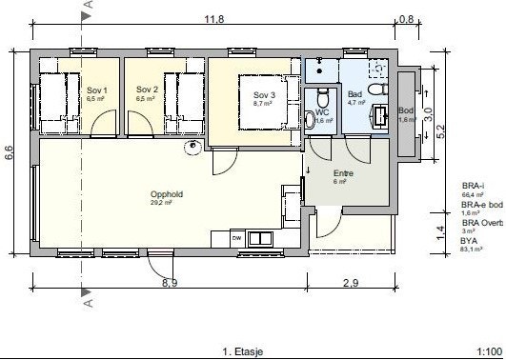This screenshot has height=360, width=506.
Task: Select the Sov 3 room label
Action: pyautogui.click(x=264, y=95)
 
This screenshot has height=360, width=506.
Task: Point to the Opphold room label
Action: pyautogui.click(x=166, y=193)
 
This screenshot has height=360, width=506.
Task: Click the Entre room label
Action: pyautogui.click(x=342, y=173)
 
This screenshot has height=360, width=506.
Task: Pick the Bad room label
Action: pyautogui.click(x=355, y=95)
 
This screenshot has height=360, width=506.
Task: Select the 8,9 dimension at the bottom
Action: pyautogui.click(x=170, y=283)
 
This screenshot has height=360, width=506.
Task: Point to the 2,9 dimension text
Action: pyautogui.click(x=351, y=283)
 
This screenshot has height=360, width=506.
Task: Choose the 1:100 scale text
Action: pyautogui.click(x=490, y=350)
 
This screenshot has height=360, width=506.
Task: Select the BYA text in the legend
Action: pyautogui.click(x=469, y=242)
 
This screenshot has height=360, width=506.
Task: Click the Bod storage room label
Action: pyautogui.click(x=406, y=111)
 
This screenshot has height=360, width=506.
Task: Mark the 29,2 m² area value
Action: pyautogui.click(x=160, y=203)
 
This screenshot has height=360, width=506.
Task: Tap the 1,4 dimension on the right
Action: pyautogui.click(x=440, y=230)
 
